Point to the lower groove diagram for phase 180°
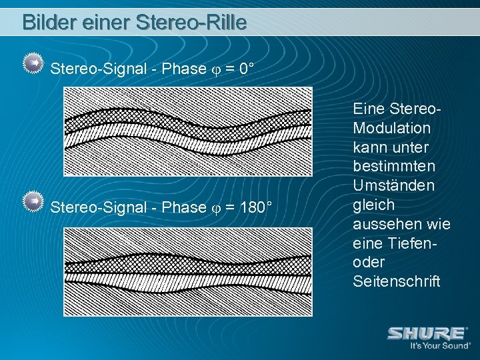[187, 271]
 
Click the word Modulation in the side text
[392, 127]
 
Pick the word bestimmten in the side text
[393, 166]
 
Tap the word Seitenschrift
[397, 281]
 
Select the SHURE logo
[427, 333]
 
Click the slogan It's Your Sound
[440, 345]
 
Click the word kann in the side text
[368, 147]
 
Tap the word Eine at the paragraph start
[369, 108]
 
